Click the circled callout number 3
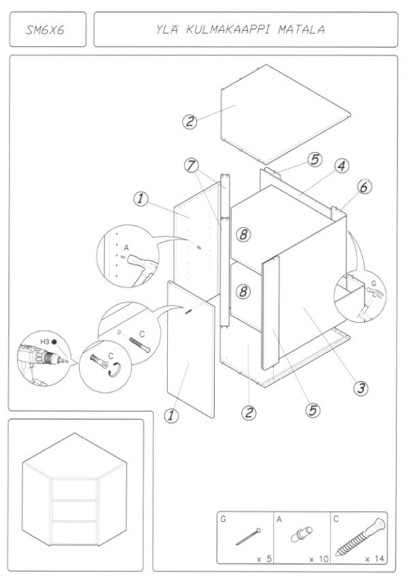tap(361, 388)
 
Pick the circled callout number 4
tap(341, 166)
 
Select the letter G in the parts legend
tap(224, 519)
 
